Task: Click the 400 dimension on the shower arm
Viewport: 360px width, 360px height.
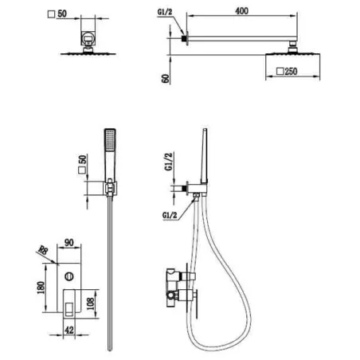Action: click(241, 11)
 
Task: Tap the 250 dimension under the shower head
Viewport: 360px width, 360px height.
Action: click(291, 71)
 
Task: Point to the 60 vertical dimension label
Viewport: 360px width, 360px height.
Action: click(166, 79)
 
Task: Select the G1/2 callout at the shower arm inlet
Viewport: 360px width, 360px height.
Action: click(165, 12)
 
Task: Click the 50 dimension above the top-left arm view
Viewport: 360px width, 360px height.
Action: click(62, 14)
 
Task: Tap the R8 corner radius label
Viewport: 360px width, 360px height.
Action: click(43, 250)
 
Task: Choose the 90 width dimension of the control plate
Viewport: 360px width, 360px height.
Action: click(69, 243)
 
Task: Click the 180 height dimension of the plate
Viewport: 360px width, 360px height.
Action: click(41, 288)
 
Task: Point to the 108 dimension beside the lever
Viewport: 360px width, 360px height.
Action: click(91, 303)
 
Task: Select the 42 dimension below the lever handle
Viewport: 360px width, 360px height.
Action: click(69, 330)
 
